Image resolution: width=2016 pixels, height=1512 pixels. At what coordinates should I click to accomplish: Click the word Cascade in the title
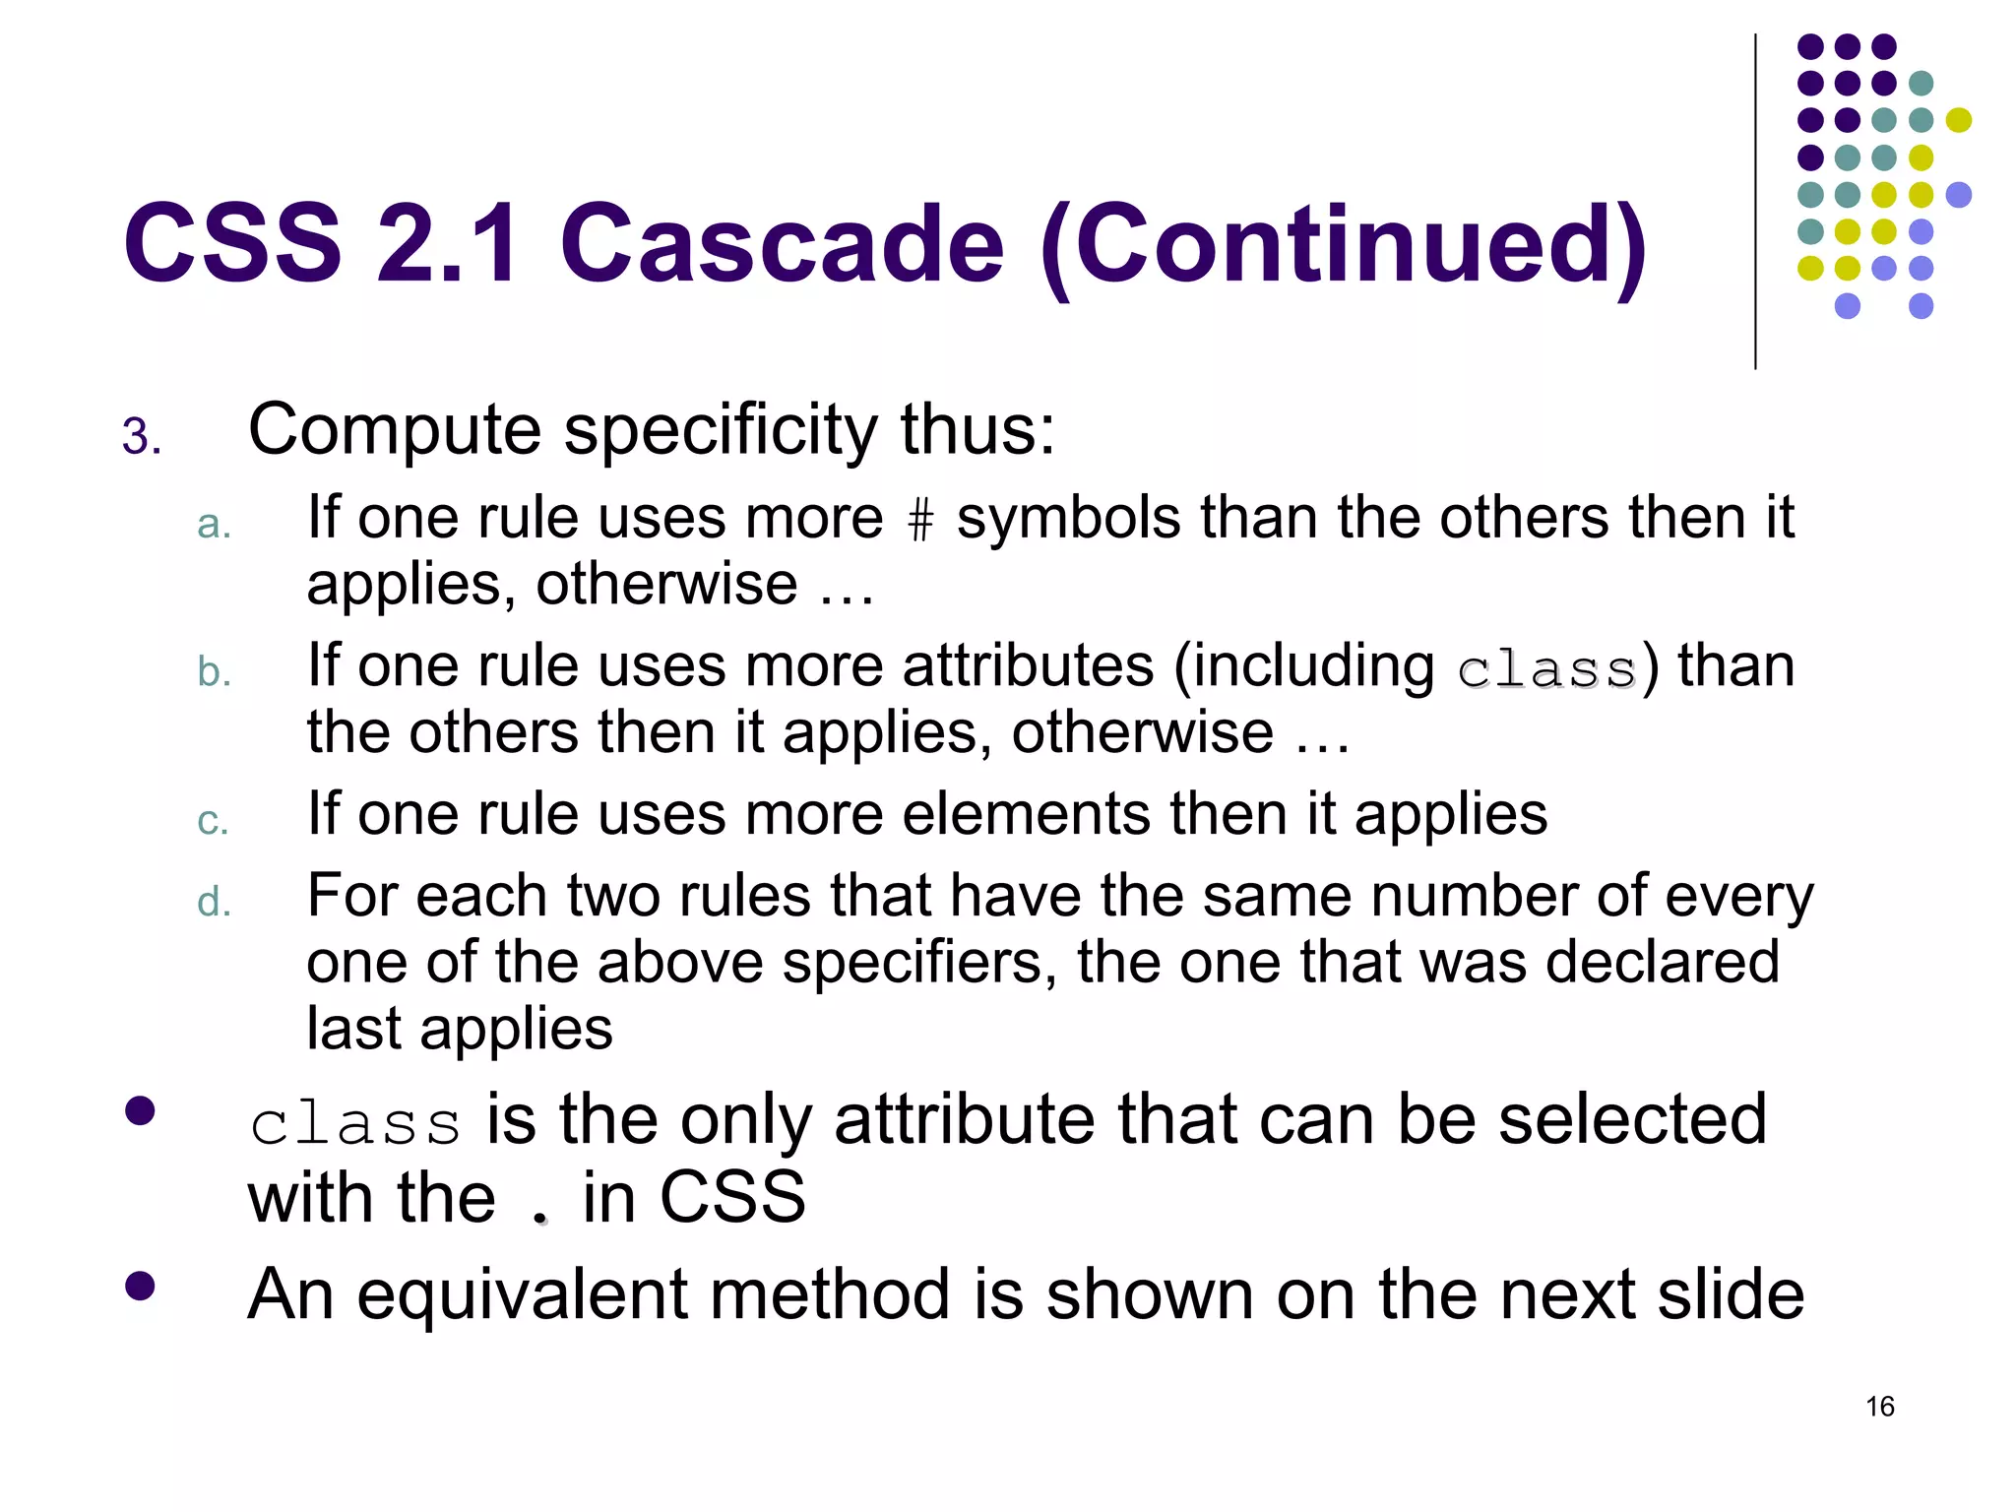tap(782, 243)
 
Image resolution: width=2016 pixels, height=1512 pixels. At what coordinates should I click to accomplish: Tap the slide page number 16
tap(1879, 1406)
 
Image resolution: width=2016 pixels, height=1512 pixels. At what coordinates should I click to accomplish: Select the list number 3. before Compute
tap(142, 436)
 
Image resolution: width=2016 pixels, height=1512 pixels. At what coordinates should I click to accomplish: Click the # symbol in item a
tap(919, 520)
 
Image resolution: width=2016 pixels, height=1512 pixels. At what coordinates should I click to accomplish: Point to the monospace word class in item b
tap(1545, 670)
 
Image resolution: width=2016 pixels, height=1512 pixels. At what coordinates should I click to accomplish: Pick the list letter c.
tap(213, 820)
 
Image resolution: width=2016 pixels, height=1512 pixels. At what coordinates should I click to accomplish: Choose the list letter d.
tap(214, 902)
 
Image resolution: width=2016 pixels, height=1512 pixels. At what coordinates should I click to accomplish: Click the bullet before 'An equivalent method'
tap(140, 1286)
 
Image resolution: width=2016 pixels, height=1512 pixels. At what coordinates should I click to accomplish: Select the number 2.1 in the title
tap(448, 243)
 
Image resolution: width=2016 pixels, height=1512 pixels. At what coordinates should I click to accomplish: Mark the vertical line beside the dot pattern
tap(1755, 202)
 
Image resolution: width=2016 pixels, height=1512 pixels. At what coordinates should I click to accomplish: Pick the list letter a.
tap(214, 525)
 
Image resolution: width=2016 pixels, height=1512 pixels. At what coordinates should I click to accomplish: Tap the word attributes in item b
tap(1027, 666)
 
